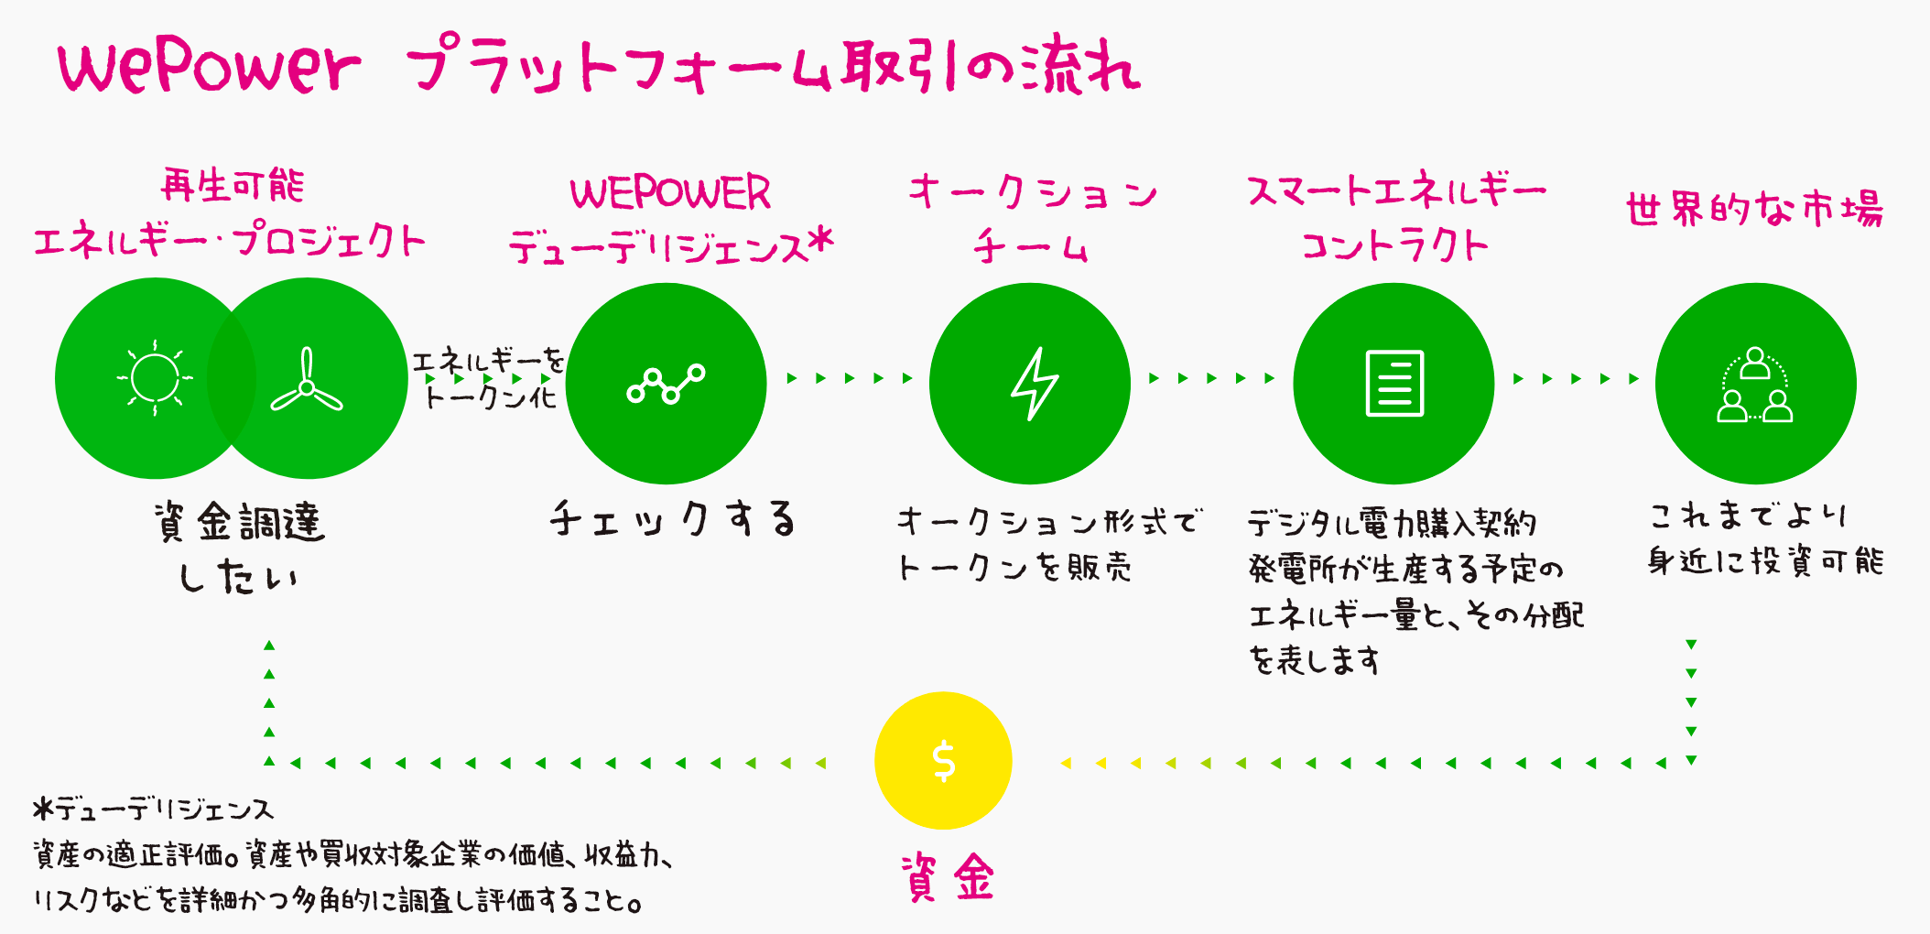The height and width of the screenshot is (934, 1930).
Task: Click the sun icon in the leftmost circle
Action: pyautogui.click(x=155, y=377)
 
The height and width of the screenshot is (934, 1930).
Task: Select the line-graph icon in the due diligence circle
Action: pyautogui.click(x=666, y=384)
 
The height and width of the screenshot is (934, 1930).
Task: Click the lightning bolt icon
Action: pyautogui.click(x=1034, y=384)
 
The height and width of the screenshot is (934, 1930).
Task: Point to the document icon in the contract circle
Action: pyautogui.click(x=1394, y=384)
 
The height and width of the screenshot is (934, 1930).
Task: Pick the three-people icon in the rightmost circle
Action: pyautogui.click(x=1754, y=385)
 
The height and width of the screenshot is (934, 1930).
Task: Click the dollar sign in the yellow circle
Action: pyautogui.click(x=943, y=761)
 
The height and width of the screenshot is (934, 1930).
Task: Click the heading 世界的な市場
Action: pyautogui.click(x=1754, y=209)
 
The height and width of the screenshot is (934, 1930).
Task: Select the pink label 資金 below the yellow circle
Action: pyautogui.click(x=947, y=876)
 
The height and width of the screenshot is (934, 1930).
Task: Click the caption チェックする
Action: pyautogui.click(x=673, y=519)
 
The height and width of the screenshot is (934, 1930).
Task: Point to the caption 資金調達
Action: pyautogui.click(x=240, y=523)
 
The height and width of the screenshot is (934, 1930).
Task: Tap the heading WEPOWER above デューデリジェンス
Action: pyautogui.click(x=670, y=193)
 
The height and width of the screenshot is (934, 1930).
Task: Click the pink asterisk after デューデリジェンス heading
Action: pyautogui.click(x=821, y=242)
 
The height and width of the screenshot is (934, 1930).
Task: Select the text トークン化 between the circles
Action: pyautogui.click(x=491, y=397)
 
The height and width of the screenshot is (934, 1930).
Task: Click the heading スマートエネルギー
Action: pyautogui.click(x=1396, y=191)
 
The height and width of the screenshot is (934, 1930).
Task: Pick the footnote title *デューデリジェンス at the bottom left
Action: pyautogui.click(x=153, y=809)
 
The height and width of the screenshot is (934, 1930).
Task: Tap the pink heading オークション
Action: pyautogui.click(x=1033, y=192)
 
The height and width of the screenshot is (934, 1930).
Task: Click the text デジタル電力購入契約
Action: pyautogui.click(x=1392, y=524)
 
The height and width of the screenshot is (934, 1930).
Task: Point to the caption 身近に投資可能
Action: pyautogui.click(x=1765, y=560)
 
